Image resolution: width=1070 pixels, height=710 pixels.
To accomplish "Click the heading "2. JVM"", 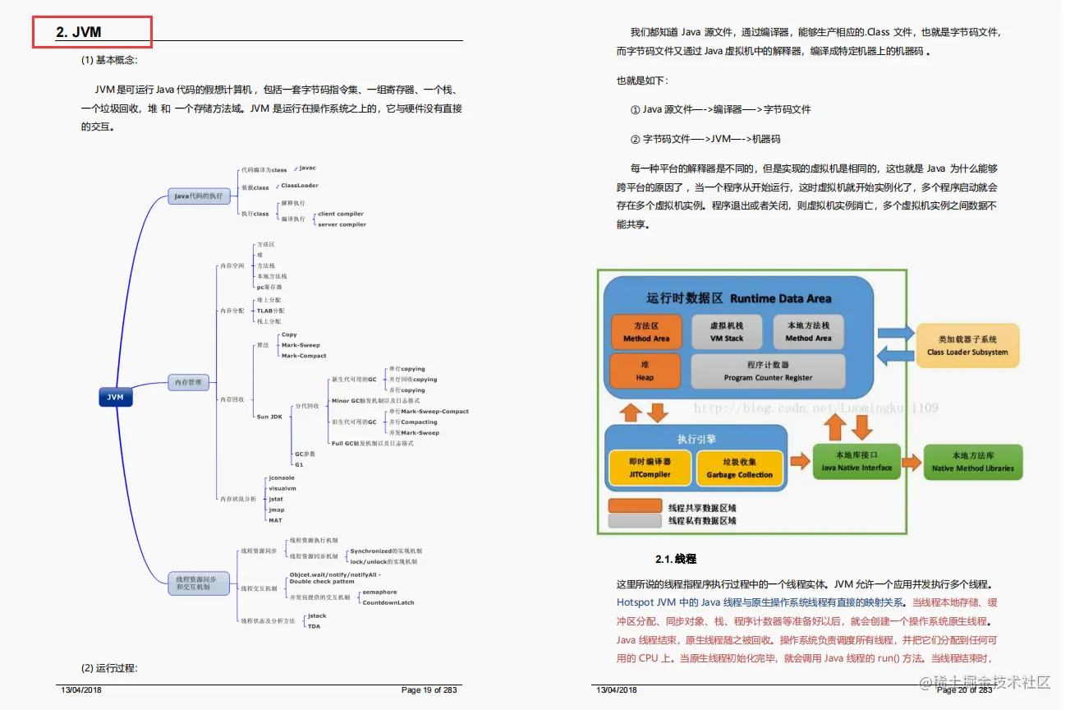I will pyautogui.click(x=79, y=32).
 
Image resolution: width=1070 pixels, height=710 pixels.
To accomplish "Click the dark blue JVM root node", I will pyautogui.click(x=115, y=397).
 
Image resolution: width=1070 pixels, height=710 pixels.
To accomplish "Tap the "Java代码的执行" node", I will pyautogui.click(x=198, y=196).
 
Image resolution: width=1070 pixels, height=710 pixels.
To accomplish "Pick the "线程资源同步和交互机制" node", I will pyautogui.click(x=197, y=583).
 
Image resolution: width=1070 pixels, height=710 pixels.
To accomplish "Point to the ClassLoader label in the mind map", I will pyautogui.click(x=300, y=186).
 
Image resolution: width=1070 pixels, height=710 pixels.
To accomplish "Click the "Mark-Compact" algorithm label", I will pyautogui.click(x=303, y=356).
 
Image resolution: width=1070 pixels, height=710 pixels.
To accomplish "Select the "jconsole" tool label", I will pyautogui.click(x=282, y=477).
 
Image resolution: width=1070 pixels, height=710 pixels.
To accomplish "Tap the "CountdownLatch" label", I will pyautogui.click(x=388, y=602).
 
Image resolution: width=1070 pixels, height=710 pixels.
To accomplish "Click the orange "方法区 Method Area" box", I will pyautogui.click(x=645, y=332).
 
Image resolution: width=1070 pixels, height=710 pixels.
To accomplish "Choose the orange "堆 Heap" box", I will pyautogui.click(x=645, y=371).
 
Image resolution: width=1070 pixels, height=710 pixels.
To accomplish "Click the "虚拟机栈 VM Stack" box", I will pyautogui.click(x=726, y=332).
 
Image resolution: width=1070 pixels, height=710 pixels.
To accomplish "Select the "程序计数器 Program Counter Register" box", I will pyautogui.click(x=768, y=371).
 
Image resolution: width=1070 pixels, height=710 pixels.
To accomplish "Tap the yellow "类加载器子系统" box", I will pyautogui.click(x=967, y=345).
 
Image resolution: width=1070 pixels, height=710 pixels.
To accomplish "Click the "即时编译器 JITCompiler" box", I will pyautogui.click(x=650, y=468).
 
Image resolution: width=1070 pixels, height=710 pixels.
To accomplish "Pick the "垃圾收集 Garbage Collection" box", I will pyautogui.click(x=739, y=468).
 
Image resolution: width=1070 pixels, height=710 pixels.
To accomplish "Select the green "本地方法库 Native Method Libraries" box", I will pyautogui.click(x=972, y=462).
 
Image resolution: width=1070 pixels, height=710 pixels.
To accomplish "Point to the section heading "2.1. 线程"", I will pyautogui.click(x=675, y=559).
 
